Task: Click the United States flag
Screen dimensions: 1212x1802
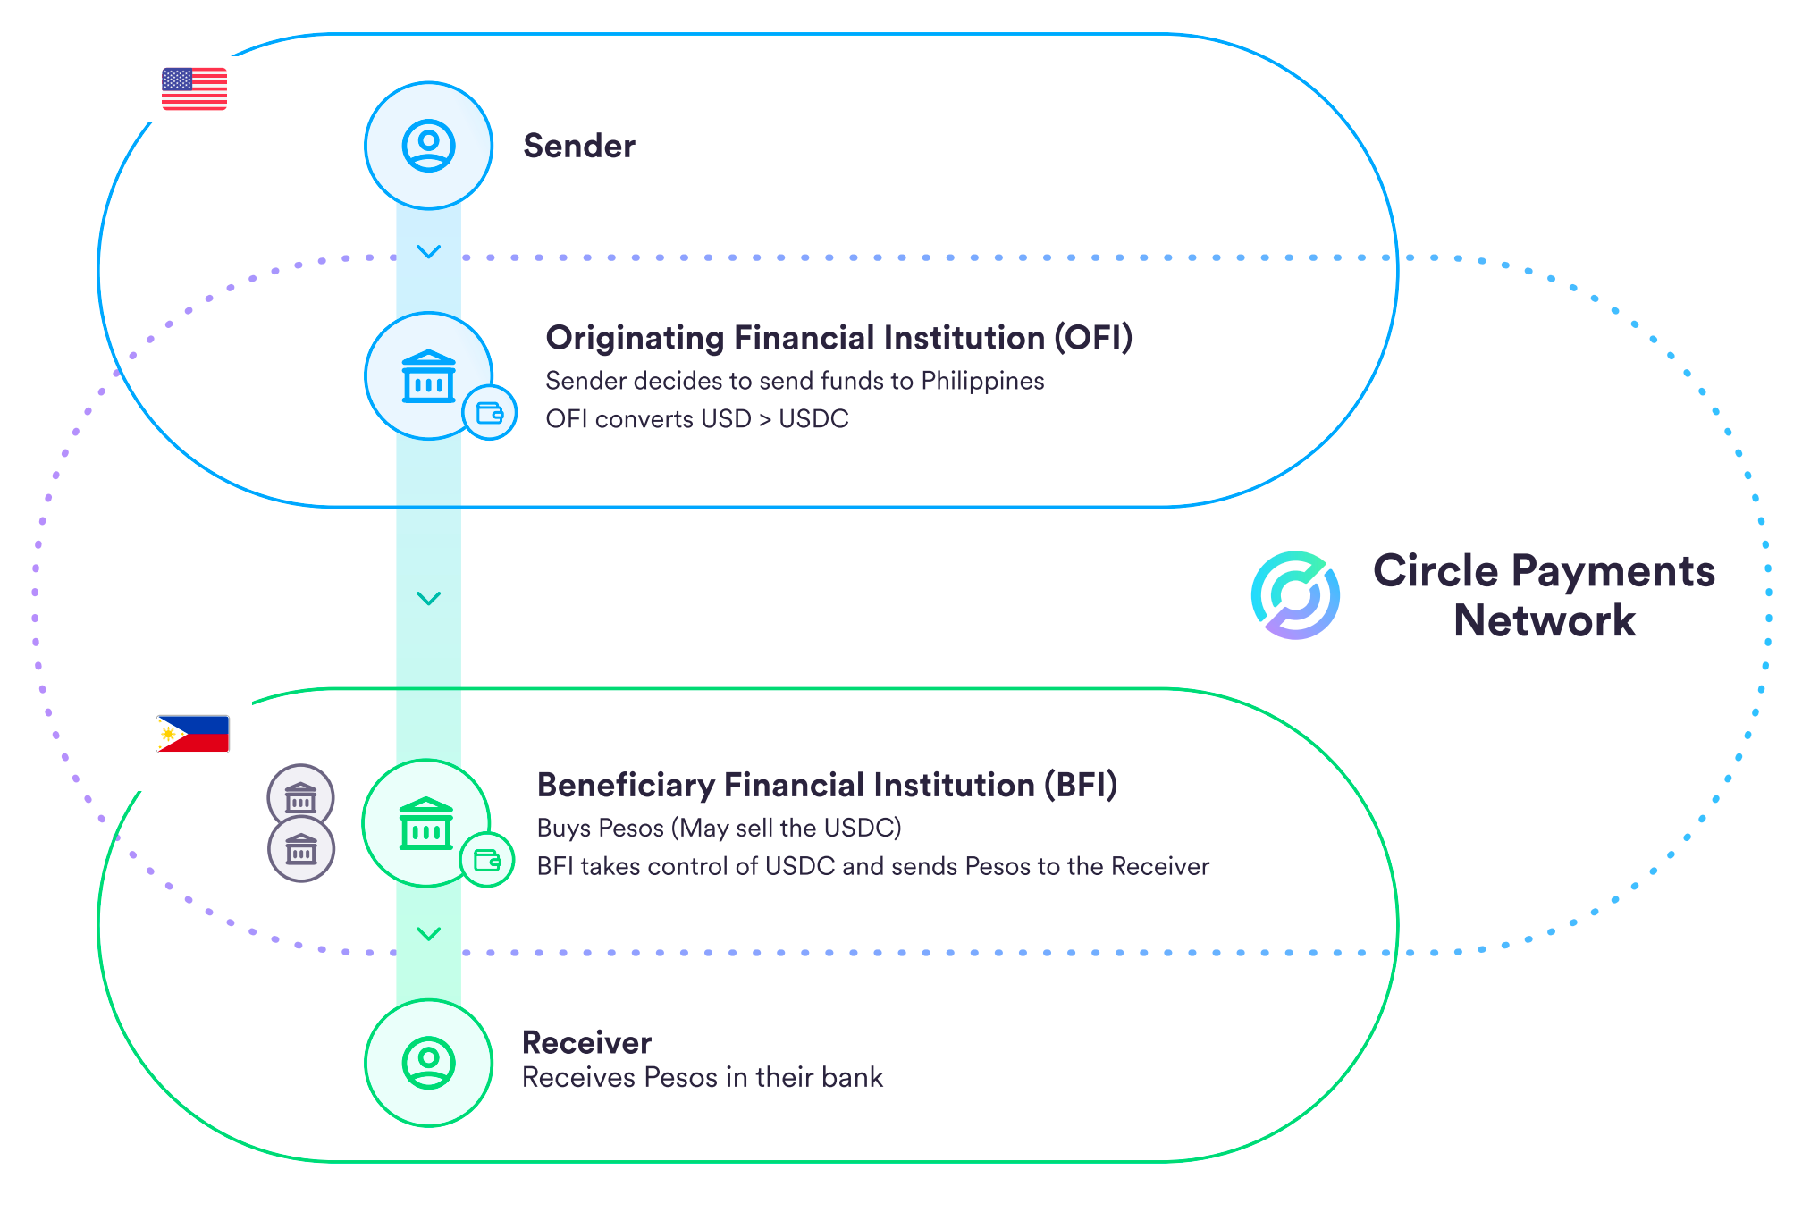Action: [194, 88]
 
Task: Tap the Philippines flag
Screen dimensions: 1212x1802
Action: [192, 734]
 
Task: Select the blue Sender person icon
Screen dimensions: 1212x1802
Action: [429, 146]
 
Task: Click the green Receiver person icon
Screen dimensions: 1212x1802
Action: [429, 1063]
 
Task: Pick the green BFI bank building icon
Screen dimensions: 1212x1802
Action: [425, 823]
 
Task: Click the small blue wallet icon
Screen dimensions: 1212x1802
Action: [490, 413]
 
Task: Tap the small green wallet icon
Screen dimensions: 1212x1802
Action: [487, 860]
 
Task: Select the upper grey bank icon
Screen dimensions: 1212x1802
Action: [300, 797]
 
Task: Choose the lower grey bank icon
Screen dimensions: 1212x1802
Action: [301, 849]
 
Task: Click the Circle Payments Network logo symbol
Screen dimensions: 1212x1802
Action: [1295, 595]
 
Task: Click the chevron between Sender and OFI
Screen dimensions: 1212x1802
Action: [429, 252]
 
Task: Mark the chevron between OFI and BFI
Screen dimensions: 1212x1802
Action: [429, 598]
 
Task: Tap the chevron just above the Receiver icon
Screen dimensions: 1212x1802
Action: [429, 934]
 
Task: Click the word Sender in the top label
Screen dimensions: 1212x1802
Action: [579, 146]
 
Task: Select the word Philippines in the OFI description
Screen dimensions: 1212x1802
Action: [982, 381]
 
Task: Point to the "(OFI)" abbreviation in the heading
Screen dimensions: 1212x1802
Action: [1093, 338]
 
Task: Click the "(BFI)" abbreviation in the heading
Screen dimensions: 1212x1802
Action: [1081, 785]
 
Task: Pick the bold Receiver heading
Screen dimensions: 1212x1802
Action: [586, 1042]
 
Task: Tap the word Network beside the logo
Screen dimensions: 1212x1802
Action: [1545, 620]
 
